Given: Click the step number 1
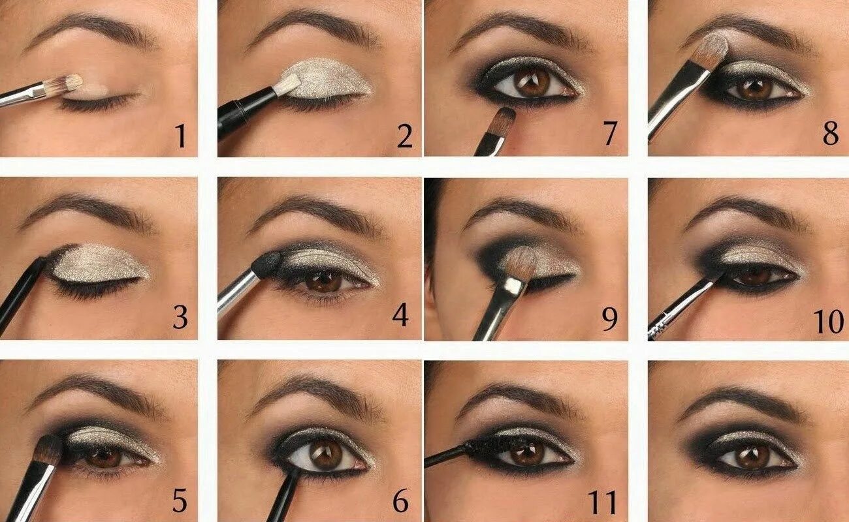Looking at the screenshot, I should point(180,136).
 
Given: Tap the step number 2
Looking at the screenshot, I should point(404,136).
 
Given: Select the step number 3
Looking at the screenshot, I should point(180,318).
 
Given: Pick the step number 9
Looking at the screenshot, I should point(609,320).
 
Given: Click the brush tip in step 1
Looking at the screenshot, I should point(71,83).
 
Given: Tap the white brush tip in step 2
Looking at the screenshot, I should point(288,84).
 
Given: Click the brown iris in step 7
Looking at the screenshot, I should point(531,83).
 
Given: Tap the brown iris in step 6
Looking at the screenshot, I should point(326,454).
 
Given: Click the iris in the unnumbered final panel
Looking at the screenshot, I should point(752,456).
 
